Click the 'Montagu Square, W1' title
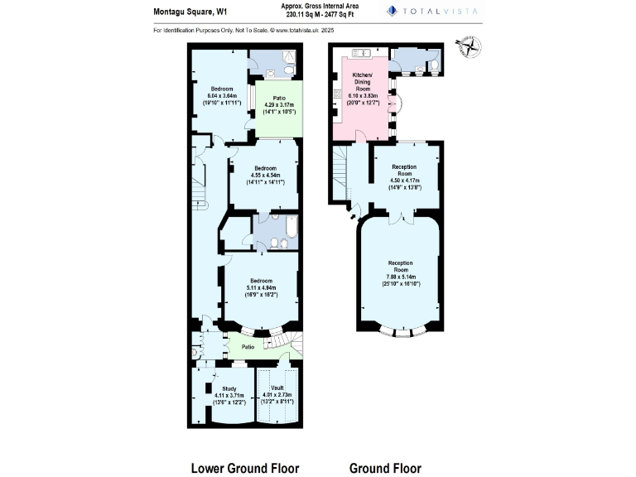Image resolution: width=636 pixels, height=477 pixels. click(x=191, y=12)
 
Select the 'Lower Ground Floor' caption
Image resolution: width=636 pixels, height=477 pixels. click(x=245, y=468)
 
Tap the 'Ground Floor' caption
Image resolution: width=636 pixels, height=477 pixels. click(x=385, y=468)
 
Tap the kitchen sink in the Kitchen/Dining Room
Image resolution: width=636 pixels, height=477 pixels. click(x=362, y=54)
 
